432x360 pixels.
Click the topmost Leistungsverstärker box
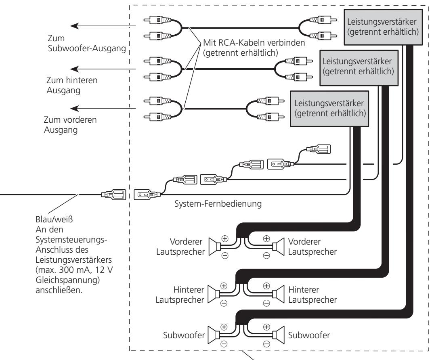tap(383, 27)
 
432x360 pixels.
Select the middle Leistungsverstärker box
tap(359, 67)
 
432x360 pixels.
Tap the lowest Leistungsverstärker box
tap(329, 109)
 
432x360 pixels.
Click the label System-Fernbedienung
tap(218, 204)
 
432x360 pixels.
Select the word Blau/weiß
tap(54, 220)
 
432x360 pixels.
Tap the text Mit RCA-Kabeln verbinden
tap(254, 43)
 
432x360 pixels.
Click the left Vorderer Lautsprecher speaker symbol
tap(214, 247)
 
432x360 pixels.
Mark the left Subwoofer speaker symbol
tap(214, 335)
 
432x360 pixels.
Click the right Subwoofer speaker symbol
tap(278, 335)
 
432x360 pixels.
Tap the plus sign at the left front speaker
tap(225, 239)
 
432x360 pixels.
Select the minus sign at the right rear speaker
tap(266, 303)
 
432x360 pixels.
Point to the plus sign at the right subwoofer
tap(266, 327)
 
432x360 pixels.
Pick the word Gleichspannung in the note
tap(66, 280)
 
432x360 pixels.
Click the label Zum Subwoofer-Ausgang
tap(87, 43)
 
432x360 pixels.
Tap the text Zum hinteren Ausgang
tap(72, 85)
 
